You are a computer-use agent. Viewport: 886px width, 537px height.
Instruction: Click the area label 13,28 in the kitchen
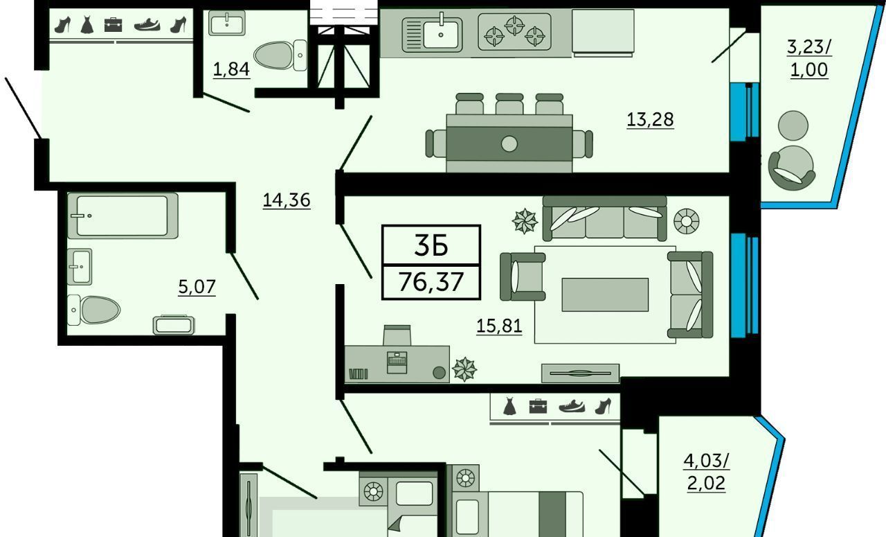pos(650,119)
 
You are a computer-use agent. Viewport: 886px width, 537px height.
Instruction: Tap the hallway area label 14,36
pos(287,200)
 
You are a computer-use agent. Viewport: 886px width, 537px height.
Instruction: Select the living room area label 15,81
pos(499,326)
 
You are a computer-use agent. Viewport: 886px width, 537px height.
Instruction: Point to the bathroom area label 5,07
pos(197,287)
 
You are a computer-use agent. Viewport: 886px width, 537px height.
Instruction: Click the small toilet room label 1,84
pos(231,69)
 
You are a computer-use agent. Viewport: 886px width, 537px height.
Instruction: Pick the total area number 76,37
pos(431,282)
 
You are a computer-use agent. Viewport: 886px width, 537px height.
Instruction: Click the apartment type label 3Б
pos(431,245)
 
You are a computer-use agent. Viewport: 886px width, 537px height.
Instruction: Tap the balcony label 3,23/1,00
pos(809,58)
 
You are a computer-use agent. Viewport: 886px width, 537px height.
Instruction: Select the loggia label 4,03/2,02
pos(707,472)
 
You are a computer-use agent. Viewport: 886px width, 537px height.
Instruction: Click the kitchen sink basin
pos(441,35)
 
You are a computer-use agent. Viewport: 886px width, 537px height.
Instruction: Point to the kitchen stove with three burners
pos(514,32)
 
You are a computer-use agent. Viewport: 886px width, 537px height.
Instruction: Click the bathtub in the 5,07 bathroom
pos(123,215)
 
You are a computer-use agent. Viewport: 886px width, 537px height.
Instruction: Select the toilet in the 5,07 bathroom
pos(93,310)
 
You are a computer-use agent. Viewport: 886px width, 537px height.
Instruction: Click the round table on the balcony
pos(793,125)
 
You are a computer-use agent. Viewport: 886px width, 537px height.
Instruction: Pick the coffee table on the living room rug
pos(605,294)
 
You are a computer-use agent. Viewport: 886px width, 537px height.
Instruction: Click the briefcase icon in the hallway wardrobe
pos(113,24)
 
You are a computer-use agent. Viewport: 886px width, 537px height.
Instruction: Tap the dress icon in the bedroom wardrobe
pos(509,407)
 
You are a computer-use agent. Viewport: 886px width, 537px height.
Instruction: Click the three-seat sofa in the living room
pos(604,218)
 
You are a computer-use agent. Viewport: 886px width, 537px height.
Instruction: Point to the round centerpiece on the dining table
pos(509,143)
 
